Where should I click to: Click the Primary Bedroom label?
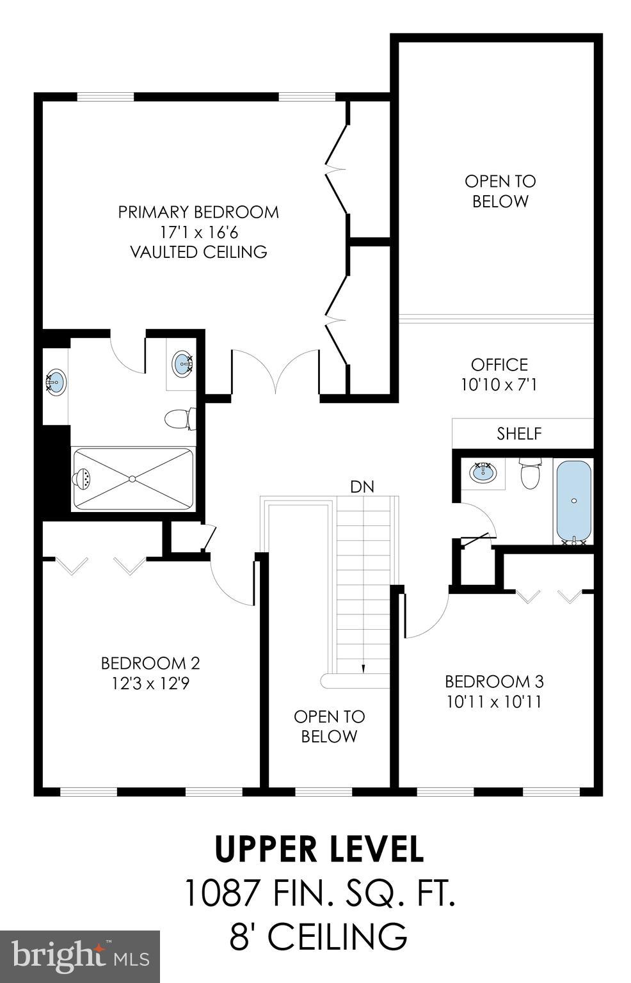198,212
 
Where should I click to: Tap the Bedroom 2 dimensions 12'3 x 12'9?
150,683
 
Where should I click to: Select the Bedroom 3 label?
494,681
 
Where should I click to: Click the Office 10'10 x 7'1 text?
499,375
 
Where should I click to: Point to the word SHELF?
519,434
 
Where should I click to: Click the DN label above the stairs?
362,486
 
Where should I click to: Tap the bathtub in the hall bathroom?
573,502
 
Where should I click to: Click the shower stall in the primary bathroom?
133,479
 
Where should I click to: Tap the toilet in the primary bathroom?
179,419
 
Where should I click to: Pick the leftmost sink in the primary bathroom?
56,383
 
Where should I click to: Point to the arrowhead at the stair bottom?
363,668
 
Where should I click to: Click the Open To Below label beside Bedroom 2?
329,726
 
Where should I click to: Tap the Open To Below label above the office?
500,191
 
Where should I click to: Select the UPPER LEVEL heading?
319,849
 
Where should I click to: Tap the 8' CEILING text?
318,936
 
